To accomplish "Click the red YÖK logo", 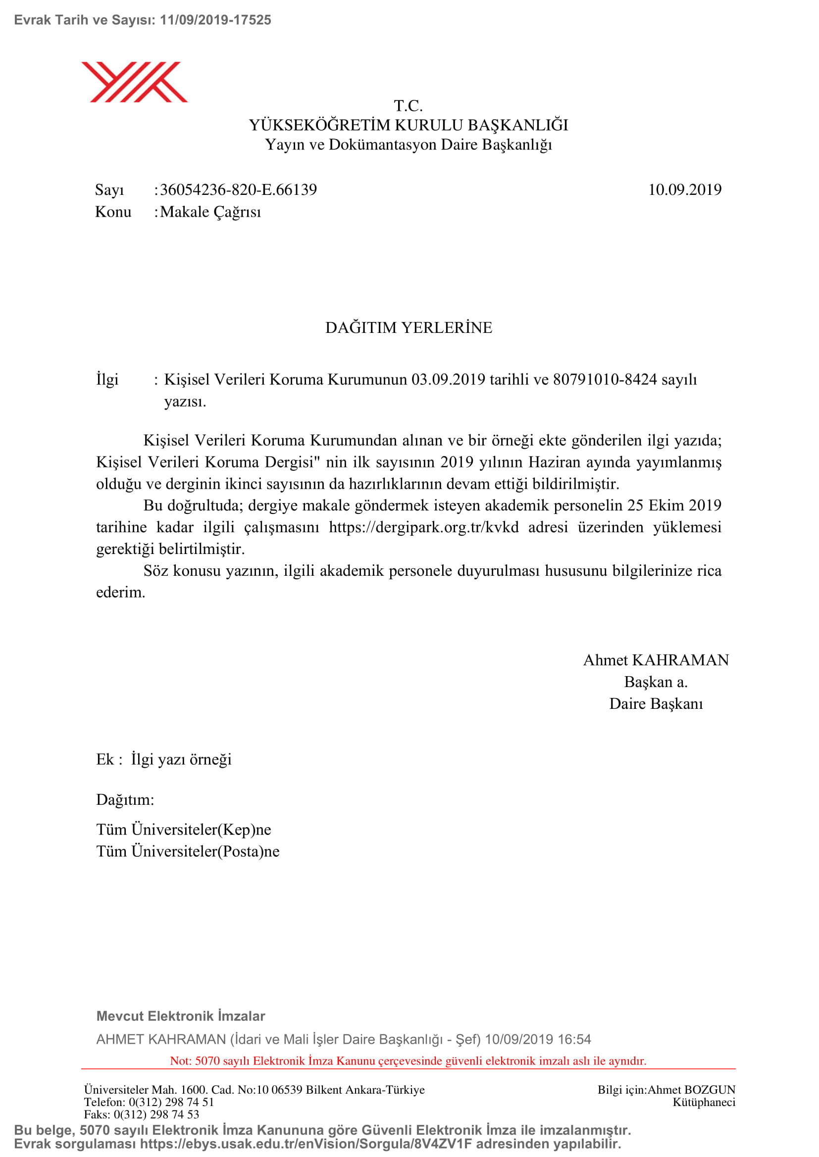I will click(x=134, y=82).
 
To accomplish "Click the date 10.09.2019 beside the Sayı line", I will click(x=684, y=190).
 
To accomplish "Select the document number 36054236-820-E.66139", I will click(x=239, y=190).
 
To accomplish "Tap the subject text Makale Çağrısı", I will click(x=210, y=212).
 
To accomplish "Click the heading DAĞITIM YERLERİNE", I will click(x=409, y=327).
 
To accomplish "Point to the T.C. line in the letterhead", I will click(x=408, y=106).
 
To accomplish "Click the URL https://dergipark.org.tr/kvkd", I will click(x=424, y=527).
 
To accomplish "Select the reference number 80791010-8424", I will click(x=605, y=379).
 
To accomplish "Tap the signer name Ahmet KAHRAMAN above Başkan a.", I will click(x=656, y=660).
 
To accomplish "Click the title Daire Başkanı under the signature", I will click(x=656, y=703).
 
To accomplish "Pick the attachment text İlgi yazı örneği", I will click(x=181, y=759).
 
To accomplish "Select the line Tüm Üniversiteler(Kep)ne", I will click(x=184, y=830).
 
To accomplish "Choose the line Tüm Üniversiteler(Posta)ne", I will click(x=188, y=851).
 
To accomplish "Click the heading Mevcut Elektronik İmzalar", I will click(x=181, y=1016).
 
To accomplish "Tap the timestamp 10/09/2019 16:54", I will click(x=538, y=1039).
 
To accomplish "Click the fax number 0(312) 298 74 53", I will click(x=156, y=1114).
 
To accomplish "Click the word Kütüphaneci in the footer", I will click(x=704, y=1102).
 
